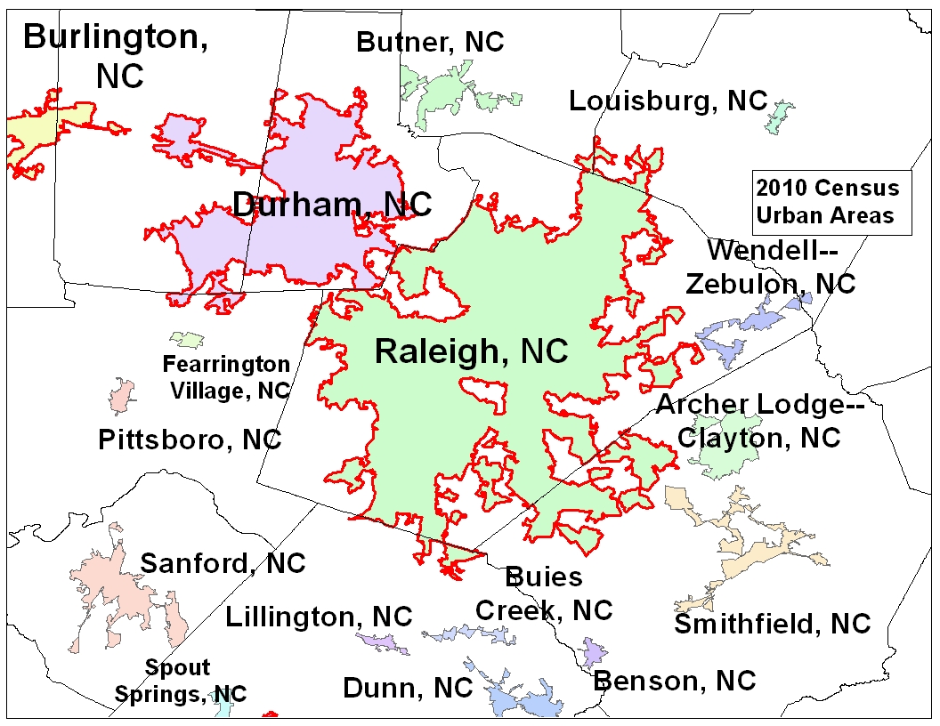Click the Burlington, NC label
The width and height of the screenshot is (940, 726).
[116, 55]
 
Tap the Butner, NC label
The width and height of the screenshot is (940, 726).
[430, 42]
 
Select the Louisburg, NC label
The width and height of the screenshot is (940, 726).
[668, 101]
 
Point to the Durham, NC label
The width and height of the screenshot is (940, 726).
[331, 205]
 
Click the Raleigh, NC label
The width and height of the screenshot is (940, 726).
[471, 351]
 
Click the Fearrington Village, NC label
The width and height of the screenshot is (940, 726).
[226, 377]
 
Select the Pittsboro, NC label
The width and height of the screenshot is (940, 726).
[190, 439]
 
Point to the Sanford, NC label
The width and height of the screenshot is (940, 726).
[223, 562]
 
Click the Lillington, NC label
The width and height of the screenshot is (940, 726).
[319, 616]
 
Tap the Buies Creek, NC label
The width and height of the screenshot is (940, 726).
[544, 593]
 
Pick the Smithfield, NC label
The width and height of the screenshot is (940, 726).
[772, 624]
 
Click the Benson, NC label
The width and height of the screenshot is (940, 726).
[674, 681]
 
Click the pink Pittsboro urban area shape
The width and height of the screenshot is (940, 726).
[122, 395]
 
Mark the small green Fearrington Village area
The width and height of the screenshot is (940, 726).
[187, 339]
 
